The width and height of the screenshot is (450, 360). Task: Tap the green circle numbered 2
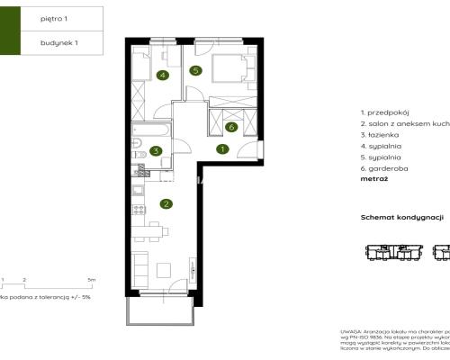coord(166,203)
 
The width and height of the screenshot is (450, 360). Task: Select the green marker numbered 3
coord(156,151)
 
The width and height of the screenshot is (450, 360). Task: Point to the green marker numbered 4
coord(162,76)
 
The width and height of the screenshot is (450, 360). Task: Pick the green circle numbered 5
coord(195,70)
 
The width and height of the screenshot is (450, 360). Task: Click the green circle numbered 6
coord(231,127)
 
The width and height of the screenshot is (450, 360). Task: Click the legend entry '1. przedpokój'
coord(386,112)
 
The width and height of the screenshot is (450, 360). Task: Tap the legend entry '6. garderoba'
coord(383,169)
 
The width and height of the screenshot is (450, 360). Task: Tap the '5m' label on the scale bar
coord(92,281)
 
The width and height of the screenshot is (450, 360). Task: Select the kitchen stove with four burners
coord(137,211)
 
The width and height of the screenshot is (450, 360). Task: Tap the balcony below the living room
coord(160,309)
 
